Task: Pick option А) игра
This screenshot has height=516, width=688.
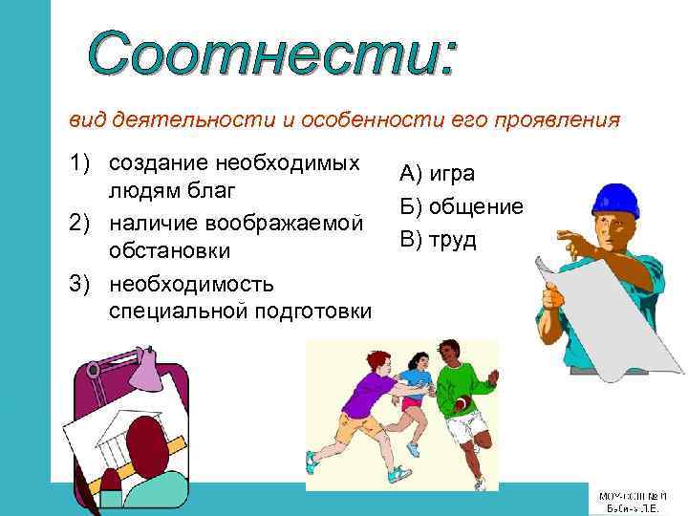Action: click(x=437, y=173)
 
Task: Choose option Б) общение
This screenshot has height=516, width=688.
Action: click(x=461, y=206)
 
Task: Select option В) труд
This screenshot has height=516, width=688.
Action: click(x=438, y=239)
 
